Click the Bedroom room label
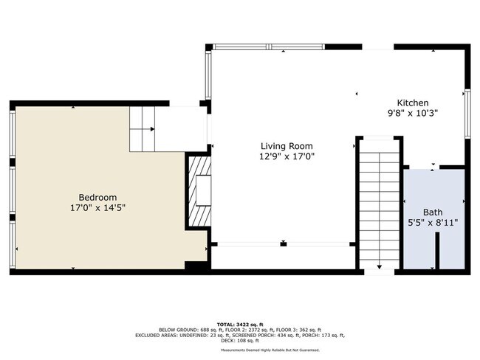97,197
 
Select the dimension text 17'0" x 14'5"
97,208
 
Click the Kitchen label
413,103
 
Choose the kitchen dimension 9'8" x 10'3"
413,114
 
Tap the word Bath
433,212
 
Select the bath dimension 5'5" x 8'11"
433,222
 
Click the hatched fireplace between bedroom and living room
198,192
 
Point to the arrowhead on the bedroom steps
152,129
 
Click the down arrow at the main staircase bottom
380,266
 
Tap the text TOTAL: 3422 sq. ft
240,324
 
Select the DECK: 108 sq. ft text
240,340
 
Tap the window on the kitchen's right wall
467,114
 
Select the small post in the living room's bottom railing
283,243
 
